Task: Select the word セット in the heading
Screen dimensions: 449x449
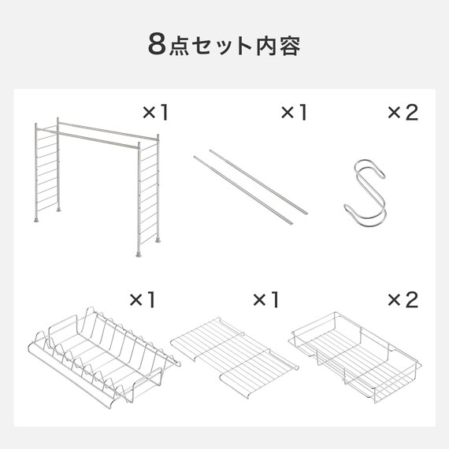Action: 222,45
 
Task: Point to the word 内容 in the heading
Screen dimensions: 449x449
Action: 278,45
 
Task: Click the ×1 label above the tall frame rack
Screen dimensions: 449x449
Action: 155,113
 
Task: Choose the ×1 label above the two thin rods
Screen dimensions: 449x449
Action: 294,113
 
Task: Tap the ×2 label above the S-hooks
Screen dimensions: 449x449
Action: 403,113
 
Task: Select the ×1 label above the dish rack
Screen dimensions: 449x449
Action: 143,299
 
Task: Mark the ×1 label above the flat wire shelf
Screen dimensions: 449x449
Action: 266,299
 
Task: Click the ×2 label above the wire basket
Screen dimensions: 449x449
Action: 403,299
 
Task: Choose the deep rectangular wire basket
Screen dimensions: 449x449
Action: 357,354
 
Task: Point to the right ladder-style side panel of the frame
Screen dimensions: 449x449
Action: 147,197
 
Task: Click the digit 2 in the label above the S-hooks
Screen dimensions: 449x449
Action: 411,113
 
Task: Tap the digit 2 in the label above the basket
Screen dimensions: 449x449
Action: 411,299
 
